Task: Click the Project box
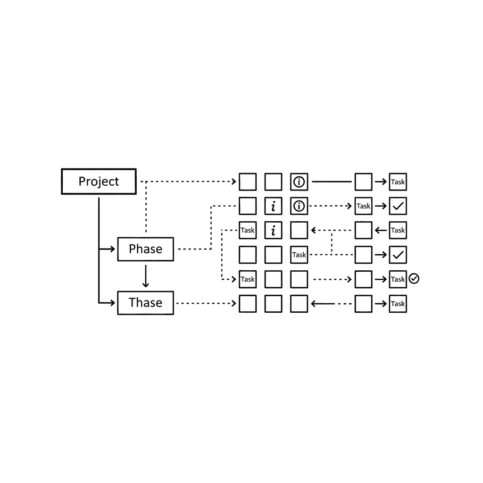coord(99,182)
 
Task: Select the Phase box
coord(145,249)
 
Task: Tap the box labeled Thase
coord(145,303)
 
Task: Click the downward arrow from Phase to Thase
coord(145,276)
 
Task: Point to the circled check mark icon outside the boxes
coord(414,279)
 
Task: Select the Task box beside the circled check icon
coord(398,279)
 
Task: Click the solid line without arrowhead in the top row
coord(332,182)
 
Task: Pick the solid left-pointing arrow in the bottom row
coord(323,304)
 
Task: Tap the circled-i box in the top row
coord(299,182)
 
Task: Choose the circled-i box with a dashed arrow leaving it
coord(299,206)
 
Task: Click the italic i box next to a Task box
coord(274,231)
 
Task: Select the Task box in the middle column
coord(299,255)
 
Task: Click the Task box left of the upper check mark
coord(363,206)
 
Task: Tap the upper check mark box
coord(398,206)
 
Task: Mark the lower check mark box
coord(398,255)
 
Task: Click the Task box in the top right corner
coord(398,182)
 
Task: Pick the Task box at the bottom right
coord(398,304)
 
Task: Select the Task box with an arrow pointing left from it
coord(398,231)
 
